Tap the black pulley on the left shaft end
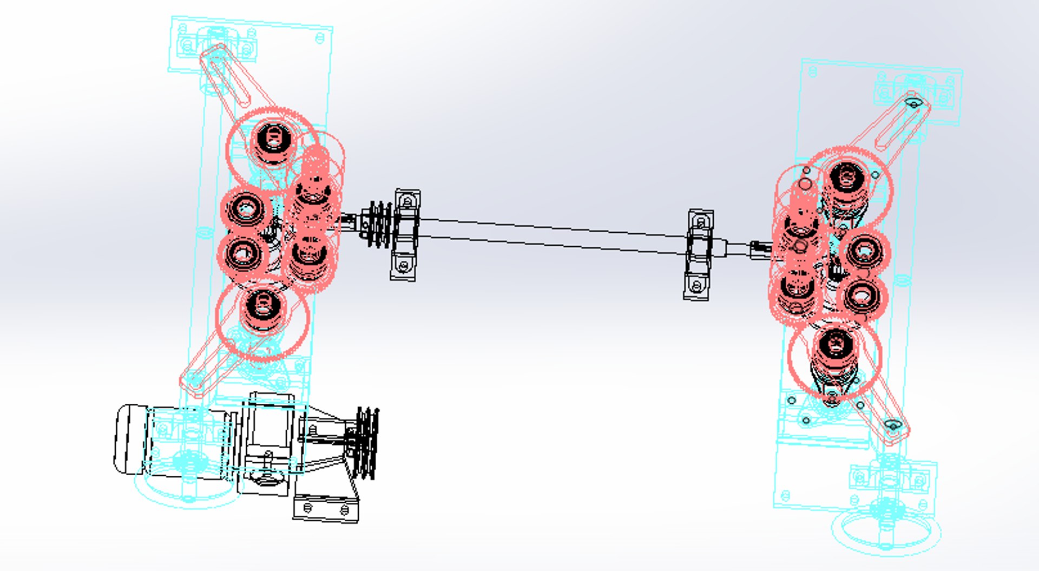tap(379, 225)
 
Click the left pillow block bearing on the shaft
tap(405, 235)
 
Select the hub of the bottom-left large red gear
tap(263, 306)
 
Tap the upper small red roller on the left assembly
tap(246, 209)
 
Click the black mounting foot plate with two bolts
tap(326, 509)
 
